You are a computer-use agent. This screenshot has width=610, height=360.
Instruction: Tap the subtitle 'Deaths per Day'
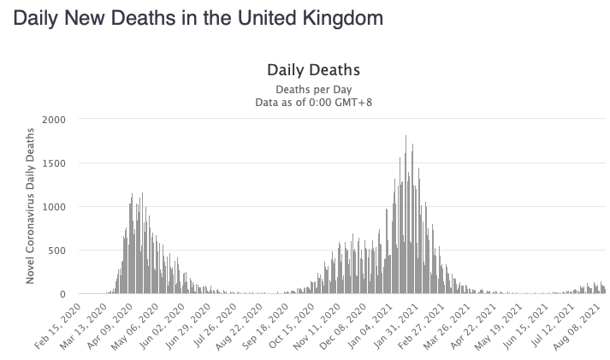point(313,89)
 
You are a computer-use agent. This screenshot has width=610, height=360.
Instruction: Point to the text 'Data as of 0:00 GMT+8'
point(313,102)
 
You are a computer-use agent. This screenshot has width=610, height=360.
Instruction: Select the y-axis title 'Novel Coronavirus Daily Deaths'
point(30,206)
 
